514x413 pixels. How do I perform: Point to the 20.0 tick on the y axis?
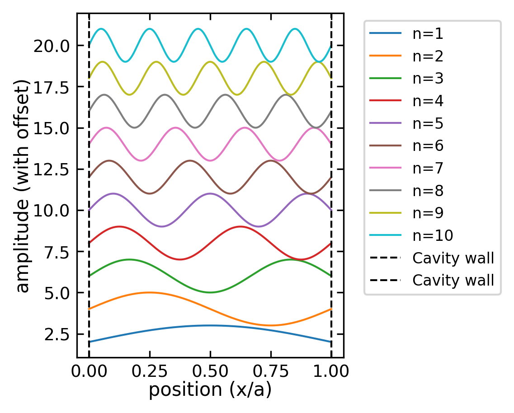[x=51, y=46]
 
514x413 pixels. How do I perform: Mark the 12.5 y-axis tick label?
[x=51, y=169]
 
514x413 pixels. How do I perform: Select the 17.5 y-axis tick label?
[x=51, y=87]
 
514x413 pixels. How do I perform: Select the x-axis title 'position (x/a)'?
[x=210, y=390]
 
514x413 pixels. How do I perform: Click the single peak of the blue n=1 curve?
[x=210, y=325]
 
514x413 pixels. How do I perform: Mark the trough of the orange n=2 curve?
[x=271, y=325]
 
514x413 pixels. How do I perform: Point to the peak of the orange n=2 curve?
[x=150, y=292]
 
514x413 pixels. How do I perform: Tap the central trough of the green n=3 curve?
[x=210, y=292]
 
